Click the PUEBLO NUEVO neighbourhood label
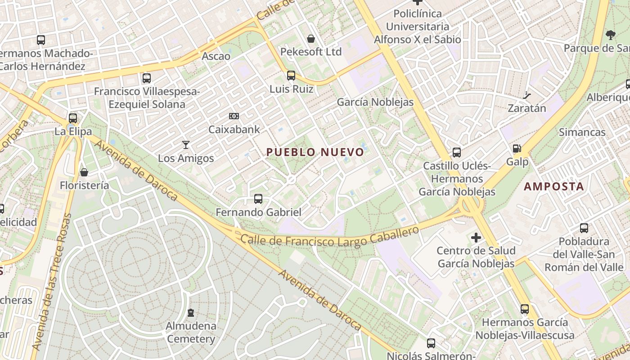(x=315, y=152)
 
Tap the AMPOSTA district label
(x=554, y=186)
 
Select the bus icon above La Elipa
(x=73, y=118)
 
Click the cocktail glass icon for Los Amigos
(x=185, y=145)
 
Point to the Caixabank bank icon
(x=234, y=116)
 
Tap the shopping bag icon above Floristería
(x=84, y=172)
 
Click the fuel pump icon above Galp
(x=517, y=148)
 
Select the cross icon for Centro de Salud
(x=476, y=237)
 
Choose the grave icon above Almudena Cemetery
(x=191, y=312)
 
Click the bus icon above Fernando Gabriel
(x=258, y=198)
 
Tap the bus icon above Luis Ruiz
(x=291, y=76)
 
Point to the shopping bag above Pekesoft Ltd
(x=311, y=39)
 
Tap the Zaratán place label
(x=527, y=108)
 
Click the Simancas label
(x=582, y=132)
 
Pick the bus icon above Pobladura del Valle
(x=584, y=228)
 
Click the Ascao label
(x=216, y=56)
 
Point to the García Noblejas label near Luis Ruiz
(x=375, y=102)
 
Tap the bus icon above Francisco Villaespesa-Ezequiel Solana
(x=147, y=78)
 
